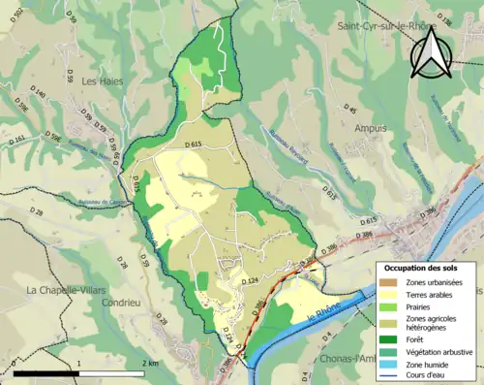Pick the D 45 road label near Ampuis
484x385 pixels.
(350, 111)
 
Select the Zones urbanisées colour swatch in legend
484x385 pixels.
(392, 282)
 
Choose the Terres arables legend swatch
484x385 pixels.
(392, 295)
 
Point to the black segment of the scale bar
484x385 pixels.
(46, 372)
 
